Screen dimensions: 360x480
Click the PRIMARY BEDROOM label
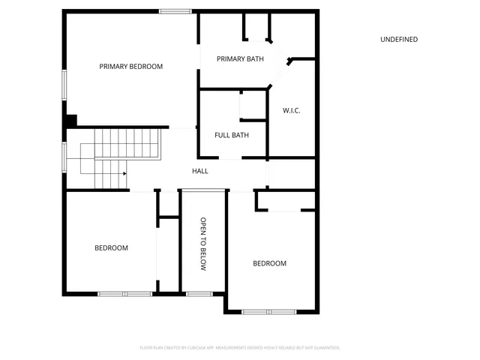131,67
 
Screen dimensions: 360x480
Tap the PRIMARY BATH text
240,59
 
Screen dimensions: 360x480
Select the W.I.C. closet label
292,111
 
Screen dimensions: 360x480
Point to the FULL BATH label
232,136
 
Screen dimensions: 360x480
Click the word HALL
200,172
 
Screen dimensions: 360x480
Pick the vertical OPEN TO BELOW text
202,244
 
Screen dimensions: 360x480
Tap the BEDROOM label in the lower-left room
111,248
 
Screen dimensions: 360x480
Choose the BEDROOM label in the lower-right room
269,263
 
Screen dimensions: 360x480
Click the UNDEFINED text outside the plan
399,40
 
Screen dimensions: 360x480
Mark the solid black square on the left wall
70,120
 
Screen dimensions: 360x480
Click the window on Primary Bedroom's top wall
175,10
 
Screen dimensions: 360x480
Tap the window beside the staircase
64,158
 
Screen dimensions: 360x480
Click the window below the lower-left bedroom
125,293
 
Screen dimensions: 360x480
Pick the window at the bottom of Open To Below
199,293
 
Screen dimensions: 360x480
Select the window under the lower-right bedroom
269,310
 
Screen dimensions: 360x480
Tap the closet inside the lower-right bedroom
286,200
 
